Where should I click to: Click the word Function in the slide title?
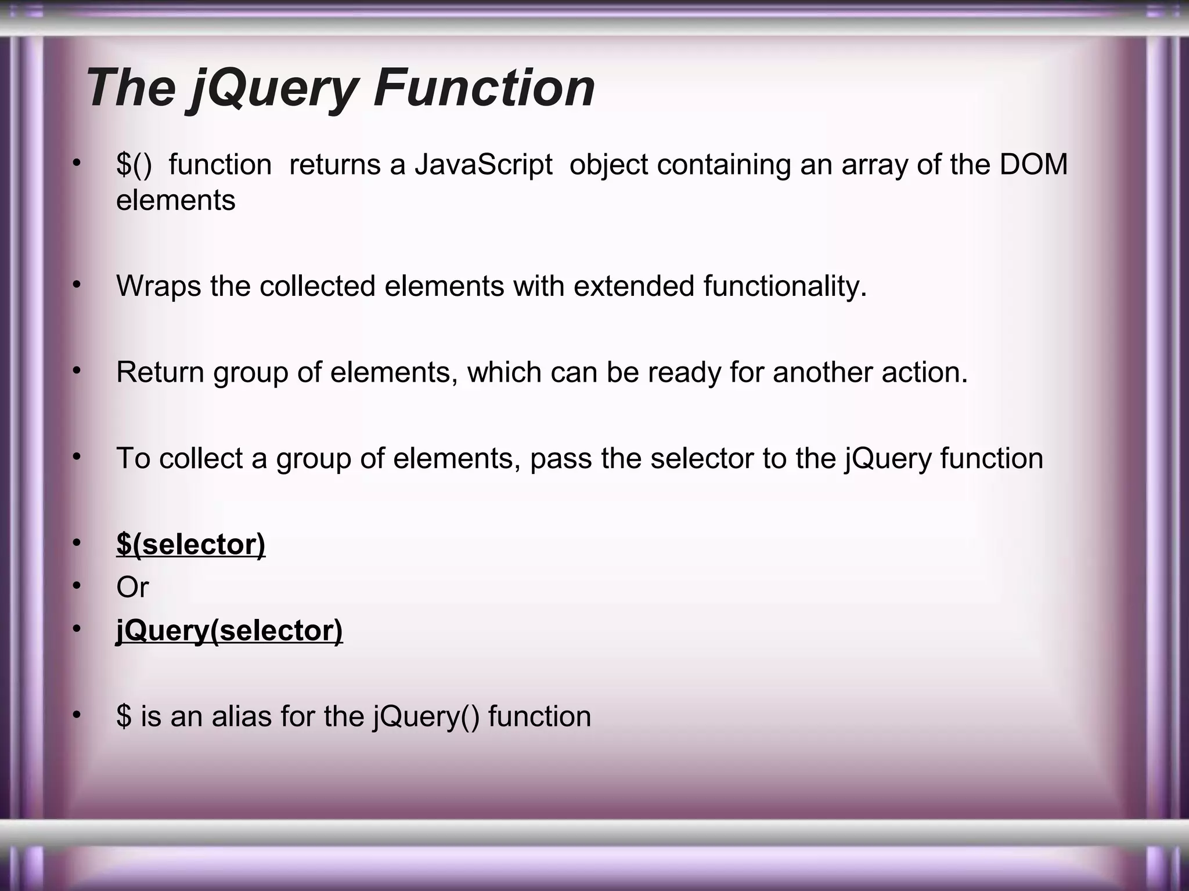(x=484, y=88)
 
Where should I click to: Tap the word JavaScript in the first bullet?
(x=483, y=165)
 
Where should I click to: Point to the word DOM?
(x=1033, y=165)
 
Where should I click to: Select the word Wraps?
(x=158, y=287)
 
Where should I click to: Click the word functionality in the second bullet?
(x=785, y=287)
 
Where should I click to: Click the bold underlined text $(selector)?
(x=191, y=544)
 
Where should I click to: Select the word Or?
(x=132, y=588)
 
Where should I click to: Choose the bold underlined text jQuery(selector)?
(x=229, y=631)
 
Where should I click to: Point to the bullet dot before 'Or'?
(x=76, y=586)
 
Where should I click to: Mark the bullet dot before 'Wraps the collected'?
(x=76, y=285)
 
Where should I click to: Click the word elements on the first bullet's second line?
(x=175, y=201)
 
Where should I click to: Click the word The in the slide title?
(x=131, y=88)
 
